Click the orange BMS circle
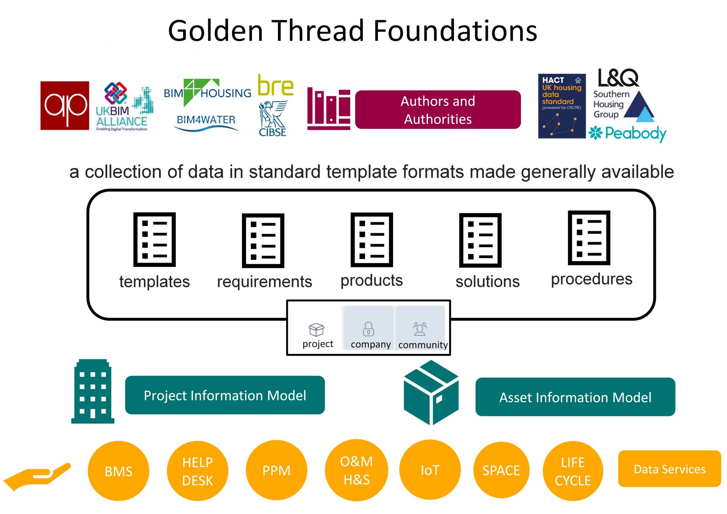pos(118,471)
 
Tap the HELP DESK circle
pos(197,471)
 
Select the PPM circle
pos(276,470)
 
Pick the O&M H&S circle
pos(356,470)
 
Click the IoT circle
pos(430,470)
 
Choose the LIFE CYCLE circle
pos(573,471)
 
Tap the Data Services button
pos(669,469)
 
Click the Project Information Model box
pos(225,395)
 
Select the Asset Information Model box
pos(575,397)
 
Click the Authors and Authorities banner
pos(437,110)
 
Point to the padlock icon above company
pos(368,329)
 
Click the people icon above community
pos(420,329)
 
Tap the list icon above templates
pos(154,239)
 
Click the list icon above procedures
pos(589,238)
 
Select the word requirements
pos(264,282)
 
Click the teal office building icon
pos(93,391)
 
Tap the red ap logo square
pos(65,106)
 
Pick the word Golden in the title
pos(215,31)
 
